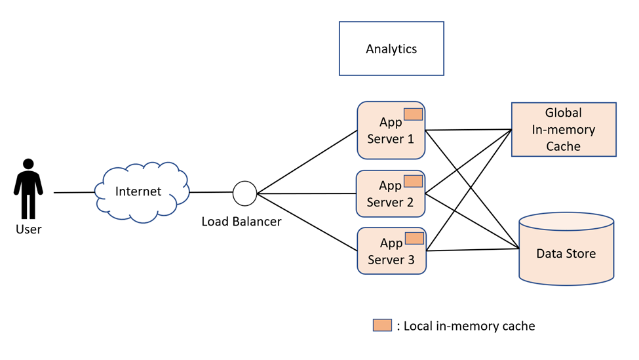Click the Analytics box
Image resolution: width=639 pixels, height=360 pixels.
point(391,49)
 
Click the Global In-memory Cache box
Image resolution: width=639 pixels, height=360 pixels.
point(564,129)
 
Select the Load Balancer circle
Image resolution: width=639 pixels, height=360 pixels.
point(245,193)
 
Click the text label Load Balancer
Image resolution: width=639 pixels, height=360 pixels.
point(241,222)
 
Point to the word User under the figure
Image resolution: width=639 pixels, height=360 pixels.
point(28,230)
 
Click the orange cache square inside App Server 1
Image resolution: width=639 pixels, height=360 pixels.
point(413,114)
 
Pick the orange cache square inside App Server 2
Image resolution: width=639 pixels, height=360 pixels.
point(413,181)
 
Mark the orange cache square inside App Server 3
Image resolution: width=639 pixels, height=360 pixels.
point(414,238)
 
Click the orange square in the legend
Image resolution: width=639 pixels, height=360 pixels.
point(382,325)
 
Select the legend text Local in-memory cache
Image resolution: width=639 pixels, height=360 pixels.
point(469,326)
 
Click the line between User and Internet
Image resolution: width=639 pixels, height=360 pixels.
point(74,193)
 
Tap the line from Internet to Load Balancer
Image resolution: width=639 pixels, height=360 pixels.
point(211,193)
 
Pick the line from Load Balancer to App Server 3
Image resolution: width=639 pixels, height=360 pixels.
point(307,222)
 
